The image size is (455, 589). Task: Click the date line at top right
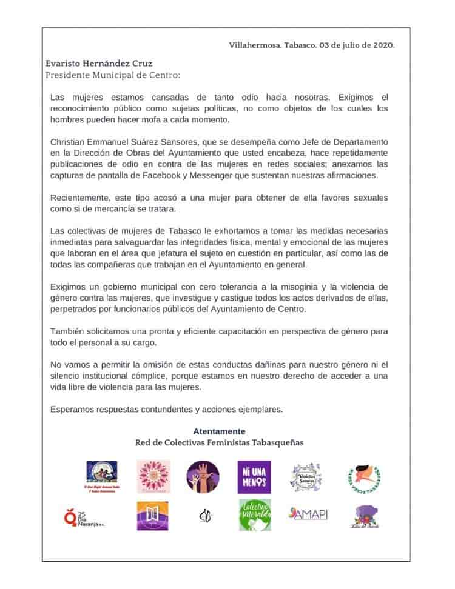[312, 45]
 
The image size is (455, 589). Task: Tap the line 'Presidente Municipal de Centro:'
[113, 75]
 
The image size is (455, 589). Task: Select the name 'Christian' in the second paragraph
[69, 141]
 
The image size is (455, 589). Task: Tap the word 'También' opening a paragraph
[67, 332]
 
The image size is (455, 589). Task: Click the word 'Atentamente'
[219, 431]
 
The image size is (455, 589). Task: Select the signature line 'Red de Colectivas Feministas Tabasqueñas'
[219, 442]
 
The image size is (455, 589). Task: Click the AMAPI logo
[308, 514]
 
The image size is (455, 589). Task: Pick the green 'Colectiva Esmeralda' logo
[254, 516]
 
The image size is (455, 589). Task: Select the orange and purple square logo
[152, 516]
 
